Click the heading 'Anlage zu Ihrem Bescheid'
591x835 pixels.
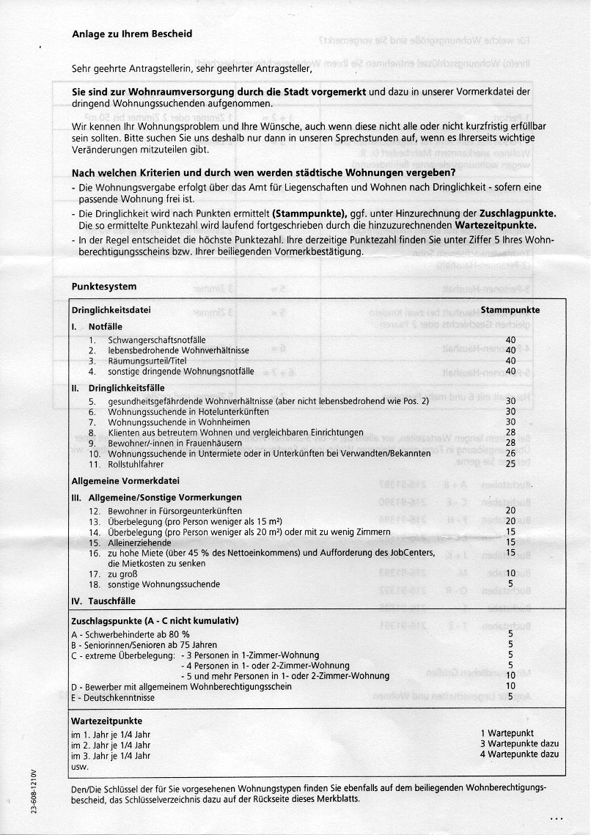pos(133,34)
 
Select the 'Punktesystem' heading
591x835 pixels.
pos(104,286)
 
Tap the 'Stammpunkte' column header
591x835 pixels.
pos(510,309)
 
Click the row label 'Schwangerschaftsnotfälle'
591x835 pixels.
pos(157,340)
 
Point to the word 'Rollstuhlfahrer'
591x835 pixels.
pos(136,464)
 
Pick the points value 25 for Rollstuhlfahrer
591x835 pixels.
pos(511,464)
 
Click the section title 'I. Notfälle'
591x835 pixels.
pos(97,325)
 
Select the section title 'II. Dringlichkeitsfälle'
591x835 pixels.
pos(117,388)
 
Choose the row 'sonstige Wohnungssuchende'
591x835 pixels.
pos(164,584)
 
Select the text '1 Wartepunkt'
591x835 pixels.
pos(507,733)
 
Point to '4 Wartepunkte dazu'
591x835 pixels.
pos(520,754)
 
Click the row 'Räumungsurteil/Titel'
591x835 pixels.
pos(147,361)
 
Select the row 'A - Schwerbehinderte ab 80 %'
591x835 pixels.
pos(131,633)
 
